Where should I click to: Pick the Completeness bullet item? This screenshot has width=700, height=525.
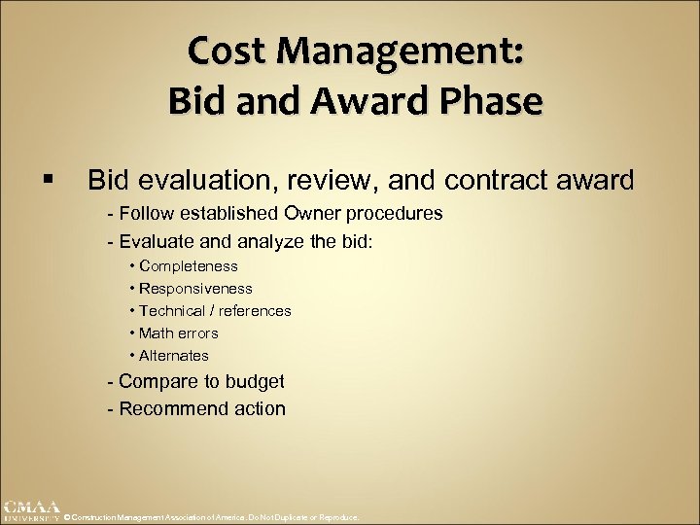[x=188, y=266]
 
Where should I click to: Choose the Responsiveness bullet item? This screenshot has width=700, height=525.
[x=195, y=289]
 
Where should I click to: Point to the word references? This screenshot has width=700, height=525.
[x=255, y=311]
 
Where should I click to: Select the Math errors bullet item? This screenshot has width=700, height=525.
[x=178, y=333]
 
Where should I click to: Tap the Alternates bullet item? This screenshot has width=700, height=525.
[x=173, y=356]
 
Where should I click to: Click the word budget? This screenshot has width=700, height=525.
[x=254, y=382]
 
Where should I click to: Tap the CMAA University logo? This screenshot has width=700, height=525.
[x=30, y=510]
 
